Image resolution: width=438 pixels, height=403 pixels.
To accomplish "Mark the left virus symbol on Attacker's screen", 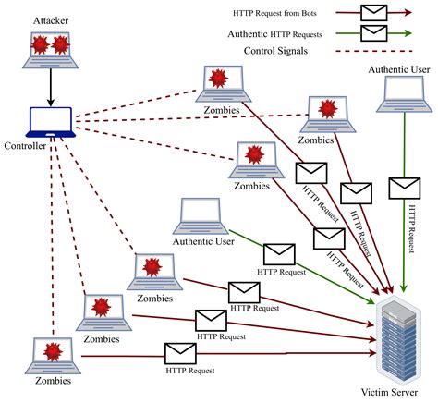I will coord(41,44).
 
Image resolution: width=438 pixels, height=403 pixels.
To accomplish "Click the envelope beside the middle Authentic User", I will coord(279,254).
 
